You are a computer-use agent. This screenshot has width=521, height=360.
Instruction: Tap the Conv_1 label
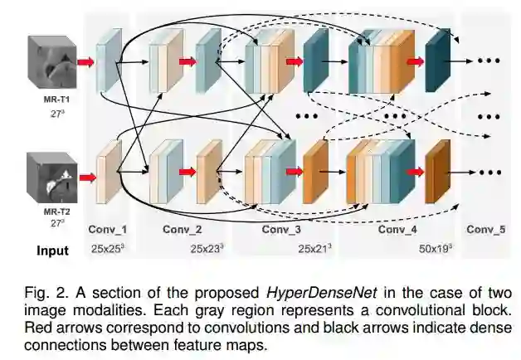110,230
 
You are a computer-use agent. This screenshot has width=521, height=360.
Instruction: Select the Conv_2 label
183,230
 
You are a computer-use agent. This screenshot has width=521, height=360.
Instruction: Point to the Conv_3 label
283,230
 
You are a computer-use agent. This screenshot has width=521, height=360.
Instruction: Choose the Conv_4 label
397,230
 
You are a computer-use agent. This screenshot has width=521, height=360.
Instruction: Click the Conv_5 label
485,230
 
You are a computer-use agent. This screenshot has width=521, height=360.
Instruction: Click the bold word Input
52,250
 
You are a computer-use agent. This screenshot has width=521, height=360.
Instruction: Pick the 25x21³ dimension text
316,248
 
